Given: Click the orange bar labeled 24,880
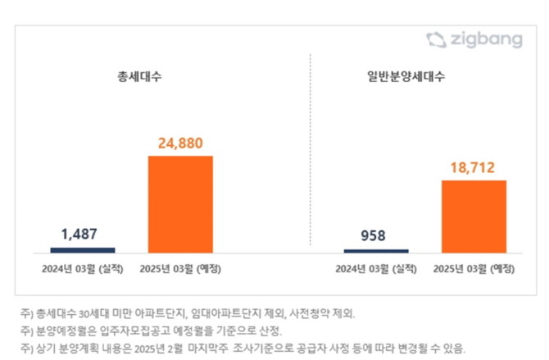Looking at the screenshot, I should point(180,203).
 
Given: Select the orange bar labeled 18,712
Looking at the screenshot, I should point(474,215).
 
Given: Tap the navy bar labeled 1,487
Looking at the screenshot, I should point(83,249).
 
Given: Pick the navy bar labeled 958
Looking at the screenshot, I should point(376,250).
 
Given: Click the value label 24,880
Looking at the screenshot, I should point(180,143).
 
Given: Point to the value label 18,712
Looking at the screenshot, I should point(474,166).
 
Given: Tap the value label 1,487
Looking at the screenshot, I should point(83,234).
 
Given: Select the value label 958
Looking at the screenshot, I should point(376,235).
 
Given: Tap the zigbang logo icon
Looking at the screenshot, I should point(434,39).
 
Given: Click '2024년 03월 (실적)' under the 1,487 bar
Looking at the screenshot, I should point(83,268).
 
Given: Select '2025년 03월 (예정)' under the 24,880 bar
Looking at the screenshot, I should point(180,268).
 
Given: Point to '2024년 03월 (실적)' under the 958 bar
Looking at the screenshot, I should point(376,268).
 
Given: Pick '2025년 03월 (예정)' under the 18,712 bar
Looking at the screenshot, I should point(474,268).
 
